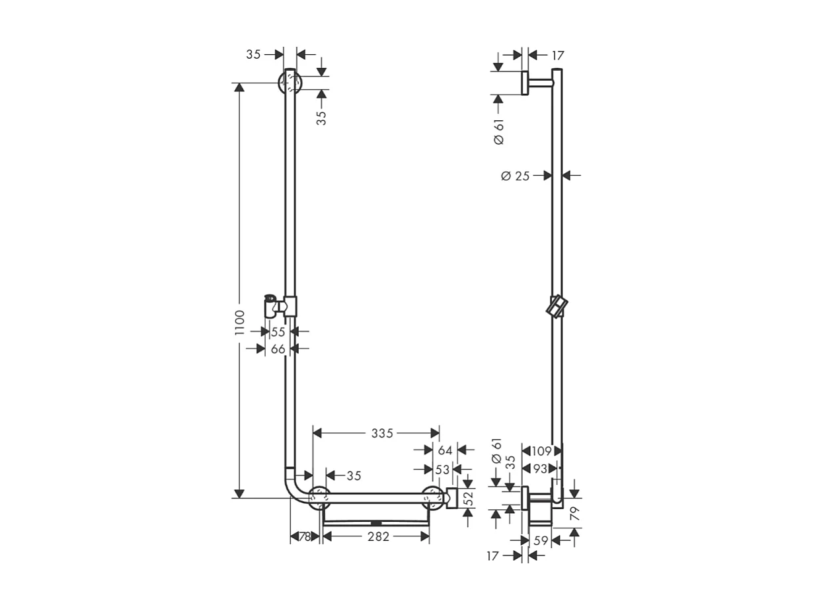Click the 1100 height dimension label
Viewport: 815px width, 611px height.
pos(239,322)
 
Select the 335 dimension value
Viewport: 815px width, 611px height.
pos(381,434)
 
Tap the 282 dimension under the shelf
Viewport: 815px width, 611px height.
pos(377,537)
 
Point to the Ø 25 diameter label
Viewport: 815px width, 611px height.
pos(516,176)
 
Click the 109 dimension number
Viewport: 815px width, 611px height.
pos(541,451)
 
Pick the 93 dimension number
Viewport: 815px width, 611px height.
pos(540,469)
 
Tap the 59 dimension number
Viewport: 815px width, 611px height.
pos(540,541)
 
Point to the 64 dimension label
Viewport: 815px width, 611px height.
pos(445,450)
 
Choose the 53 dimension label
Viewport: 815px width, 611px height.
pos(442,469)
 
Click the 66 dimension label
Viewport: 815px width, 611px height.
pos(278,348)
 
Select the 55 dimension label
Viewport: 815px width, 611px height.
pos(278,332)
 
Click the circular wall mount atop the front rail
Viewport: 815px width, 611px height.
pos(290,83)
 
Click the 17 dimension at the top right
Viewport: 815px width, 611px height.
pos(557,56)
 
